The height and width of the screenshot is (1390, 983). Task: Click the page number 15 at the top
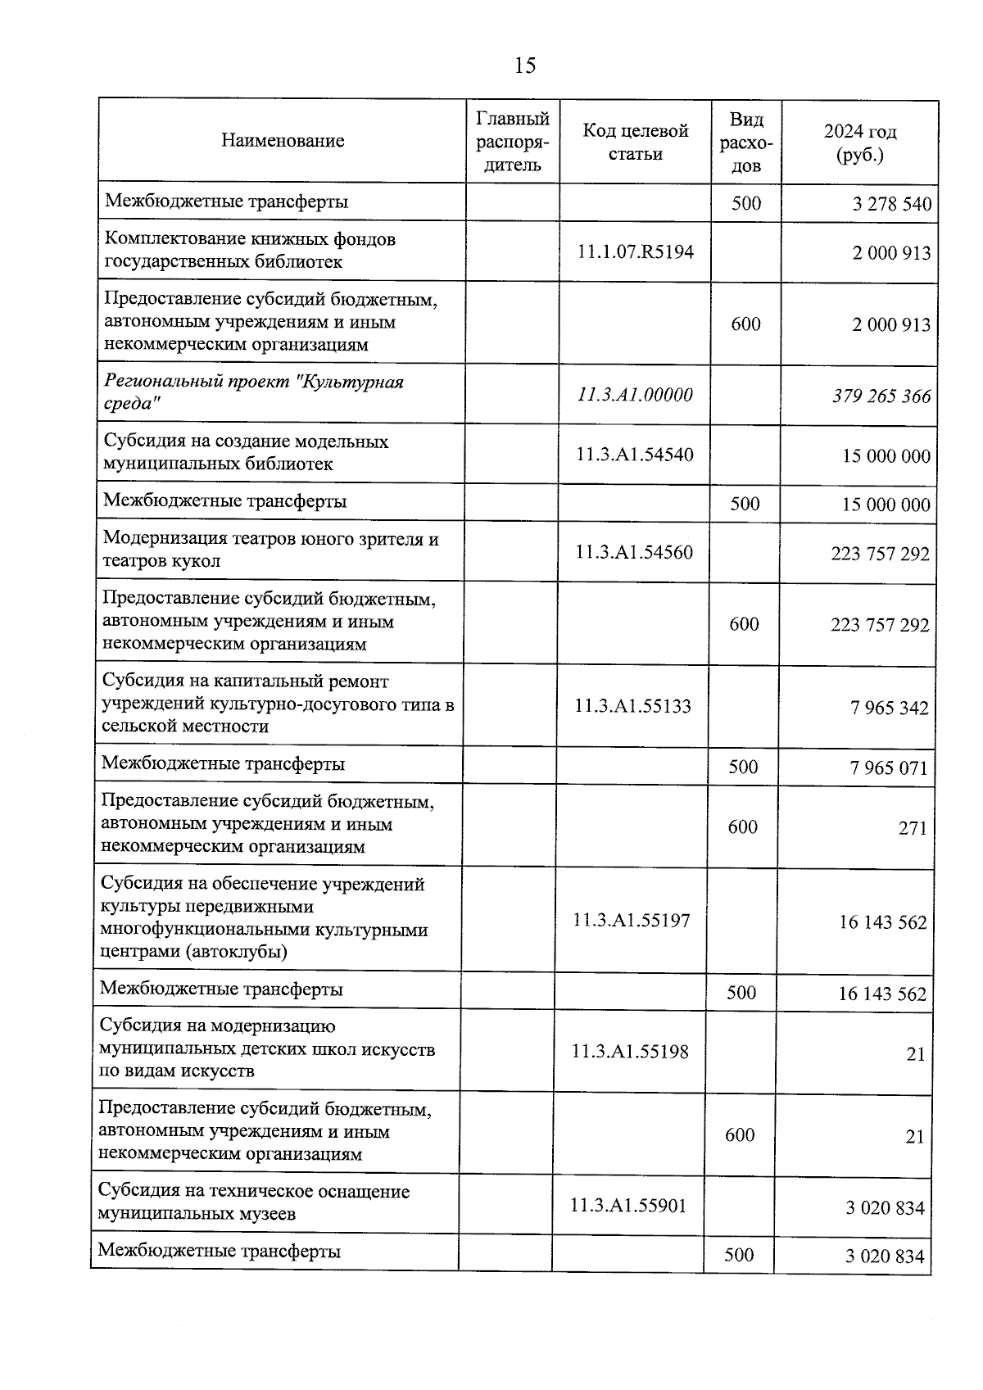(525, 66)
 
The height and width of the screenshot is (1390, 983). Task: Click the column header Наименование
(283, 141)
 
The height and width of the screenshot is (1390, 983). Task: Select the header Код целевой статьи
(636, 142)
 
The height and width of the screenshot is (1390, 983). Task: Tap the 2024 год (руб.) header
(860, 143)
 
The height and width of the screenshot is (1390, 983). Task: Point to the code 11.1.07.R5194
(636, 251)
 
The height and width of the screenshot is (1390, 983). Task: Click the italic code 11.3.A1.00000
(635, 395)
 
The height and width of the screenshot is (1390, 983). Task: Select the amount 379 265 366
(881, 396)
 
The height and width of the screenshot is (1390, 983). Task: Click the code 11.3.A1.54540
(634, 455)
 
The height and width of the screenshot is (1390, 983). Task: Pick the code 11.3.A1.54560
(634, 552)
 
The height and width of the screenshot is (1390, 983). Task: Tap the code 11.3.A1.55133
(633, 705)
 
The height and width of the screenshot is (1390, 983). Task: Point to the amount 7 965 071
(890, 768)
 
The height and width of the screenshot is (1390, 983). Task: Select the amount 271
(913, 828)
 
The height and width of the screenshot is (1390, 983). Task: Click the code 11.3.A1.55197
(632, 921)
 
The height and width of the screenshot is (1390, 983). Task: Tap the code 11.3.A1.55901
(628, 1205)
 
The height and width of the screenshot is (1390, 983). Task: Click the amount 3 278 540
(892, 204)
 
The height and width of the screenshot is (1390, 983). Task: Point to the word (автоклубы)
(237, 952)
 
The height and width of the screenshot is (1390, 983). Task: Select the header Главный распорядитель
(513, 142)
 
